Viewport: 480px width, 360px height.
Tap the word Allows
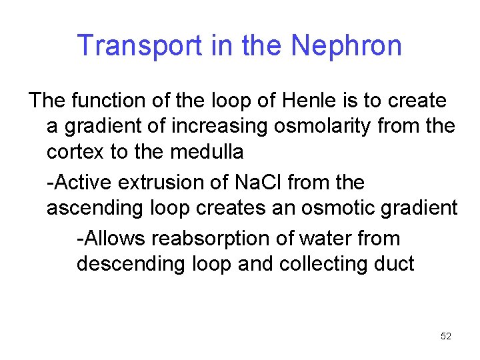(x=112, y=238)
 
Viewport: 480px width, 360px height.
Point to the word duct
(x=395, y=263)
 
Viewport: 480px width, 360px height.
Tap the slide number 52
(x=446, y=336)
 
